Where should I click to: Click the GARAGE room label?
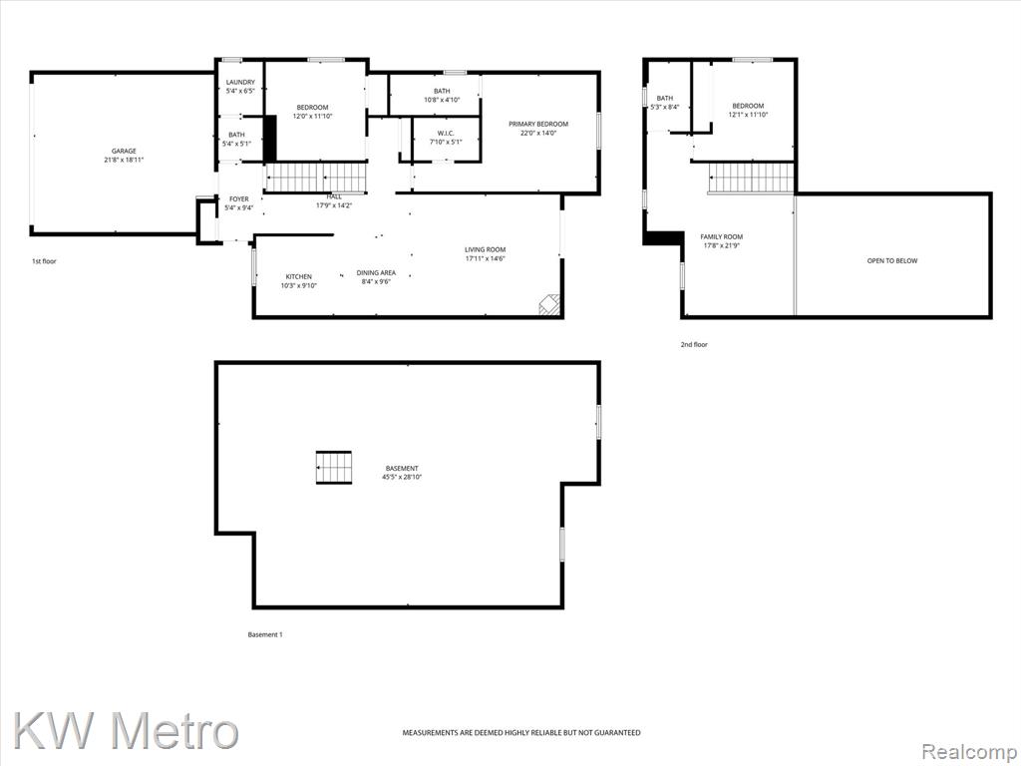pos(124,152)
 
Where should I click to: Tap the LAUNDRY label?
pos(240,82)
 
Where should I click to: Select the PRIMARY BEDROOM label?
pos(538,124)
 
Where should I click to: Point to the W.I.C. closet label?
pos(446,133)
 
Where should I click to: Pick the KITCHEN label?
pos(299,277)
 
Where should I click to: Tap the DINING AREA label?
pos(376,273)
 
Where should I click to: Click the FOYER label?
pos(239,199)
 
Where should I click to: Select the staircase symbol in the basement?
pos(334,468)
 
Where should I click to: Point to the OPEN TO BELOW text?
pos(892,260)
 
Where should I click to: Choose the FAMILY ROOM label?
pos(722,237)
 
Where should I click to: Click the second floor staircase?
pos(752,178)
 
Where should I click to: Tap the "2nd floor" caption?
pos(694,344)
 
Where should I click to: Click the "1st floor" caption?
pos(44,261)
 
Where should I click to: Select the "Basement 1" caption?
pos(265,634)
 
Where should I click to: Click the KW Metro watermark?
pos(126,731)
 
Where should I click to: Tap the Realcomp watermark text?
pos(969,752)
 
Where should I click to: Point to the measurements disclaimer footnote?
pos(520,733)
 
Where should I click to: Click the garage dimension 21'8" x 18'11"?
pos(124,160)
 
